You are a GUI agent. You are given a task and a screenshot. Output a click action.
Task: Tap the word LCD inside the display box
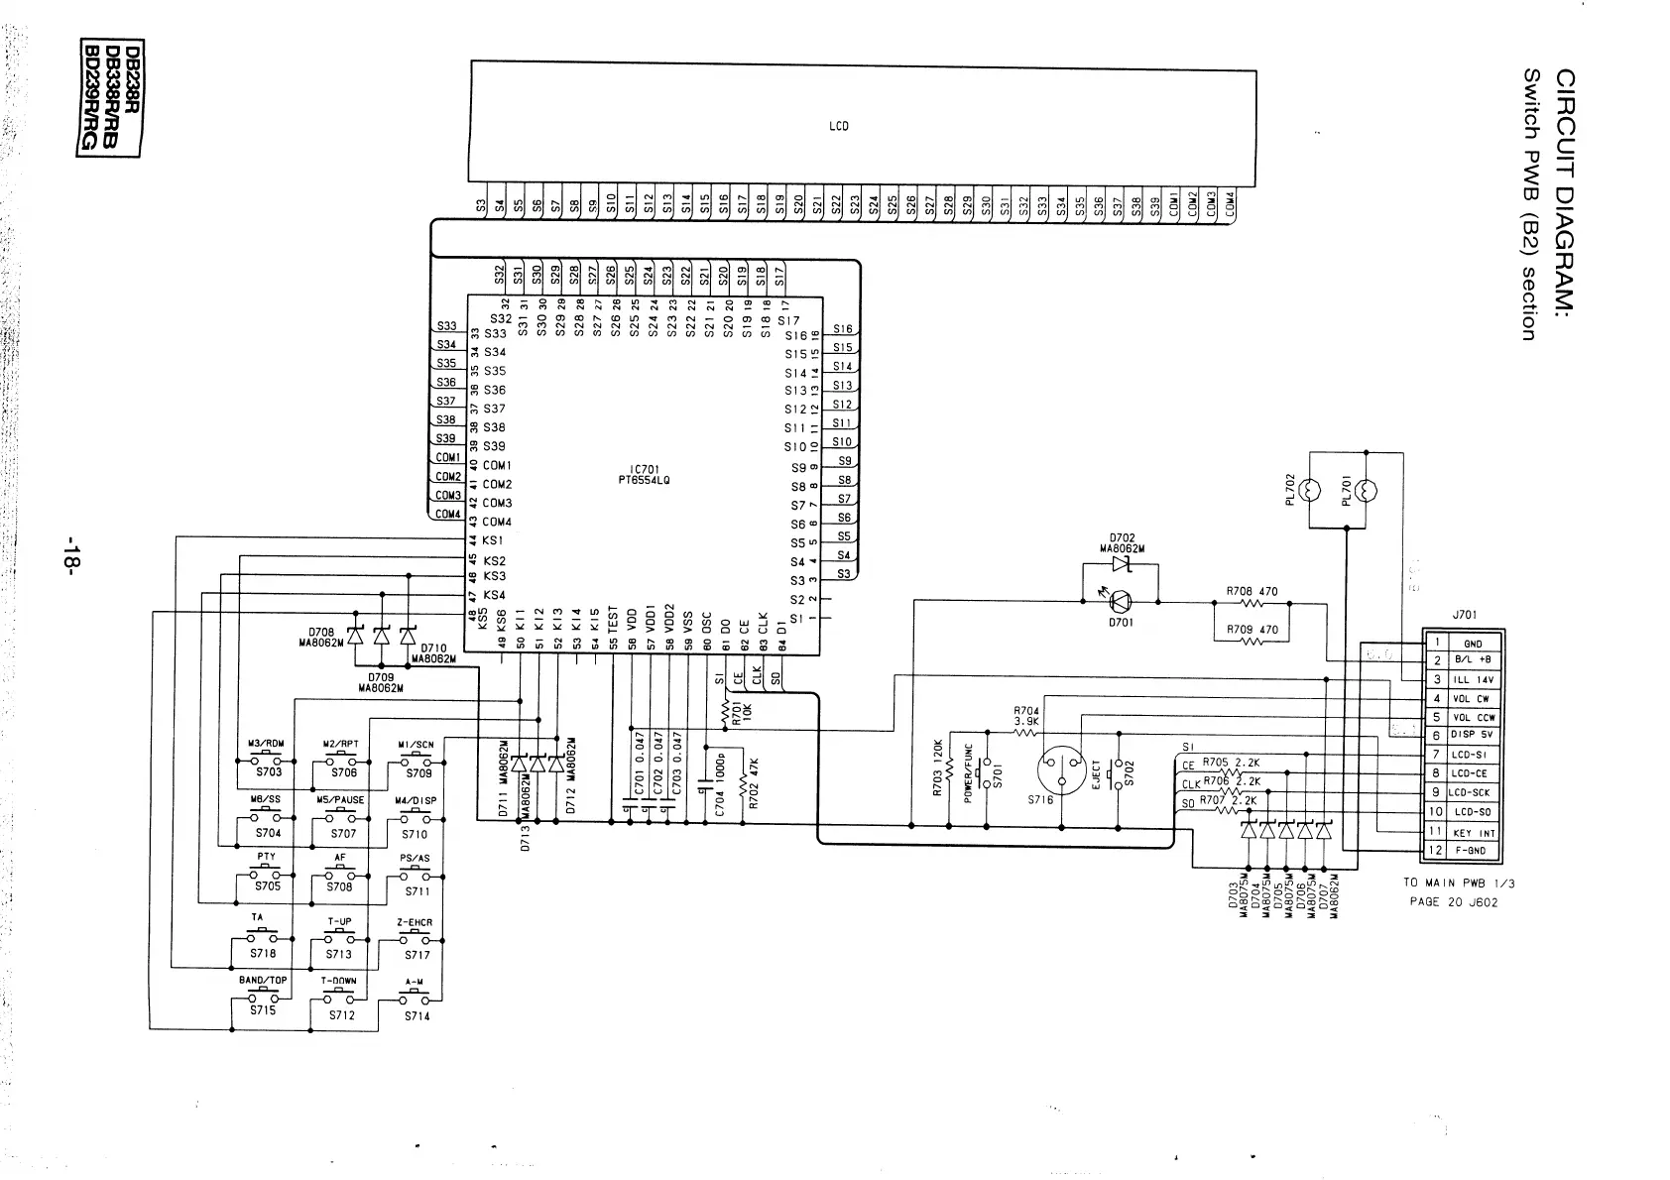coord(838,126)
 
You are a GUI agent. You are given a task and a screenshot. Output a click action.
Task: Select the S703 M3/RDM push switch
coord(267,763)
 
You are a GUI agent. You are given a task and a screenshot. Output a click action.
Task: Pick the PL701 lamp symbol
coord(1366,490)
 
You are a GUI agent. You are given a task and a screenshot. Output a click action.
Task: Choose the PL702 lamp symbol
coord(1309,490)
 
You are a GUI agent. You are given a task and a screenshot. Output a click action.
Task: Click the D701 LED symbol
coord(1122,601)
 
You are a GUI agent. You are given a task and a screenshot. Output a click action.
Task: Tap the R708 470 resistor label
coord(1252,592)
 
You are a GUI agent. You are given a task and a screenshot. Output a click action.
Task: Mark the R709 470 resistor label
coord(1252,630)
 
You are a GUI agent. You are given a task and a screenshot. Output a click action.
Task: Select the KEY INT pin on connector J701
coord(1473,833)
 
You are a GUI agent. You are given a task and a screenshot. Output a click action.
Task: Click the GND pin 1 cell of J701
coord(1472,644)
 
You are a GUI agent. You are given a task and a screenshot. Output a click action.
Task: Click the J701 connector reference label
coord(1465,615)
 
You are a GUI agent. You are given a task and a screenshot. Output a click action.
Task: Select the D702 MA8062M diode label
coord(1122,543)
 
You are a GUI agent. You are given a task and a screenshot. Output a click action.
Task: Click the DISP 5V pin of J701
coord(1473,735)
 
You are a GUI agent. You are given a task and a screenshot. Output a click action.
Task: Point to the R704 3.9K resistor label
coord(1026,716)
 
